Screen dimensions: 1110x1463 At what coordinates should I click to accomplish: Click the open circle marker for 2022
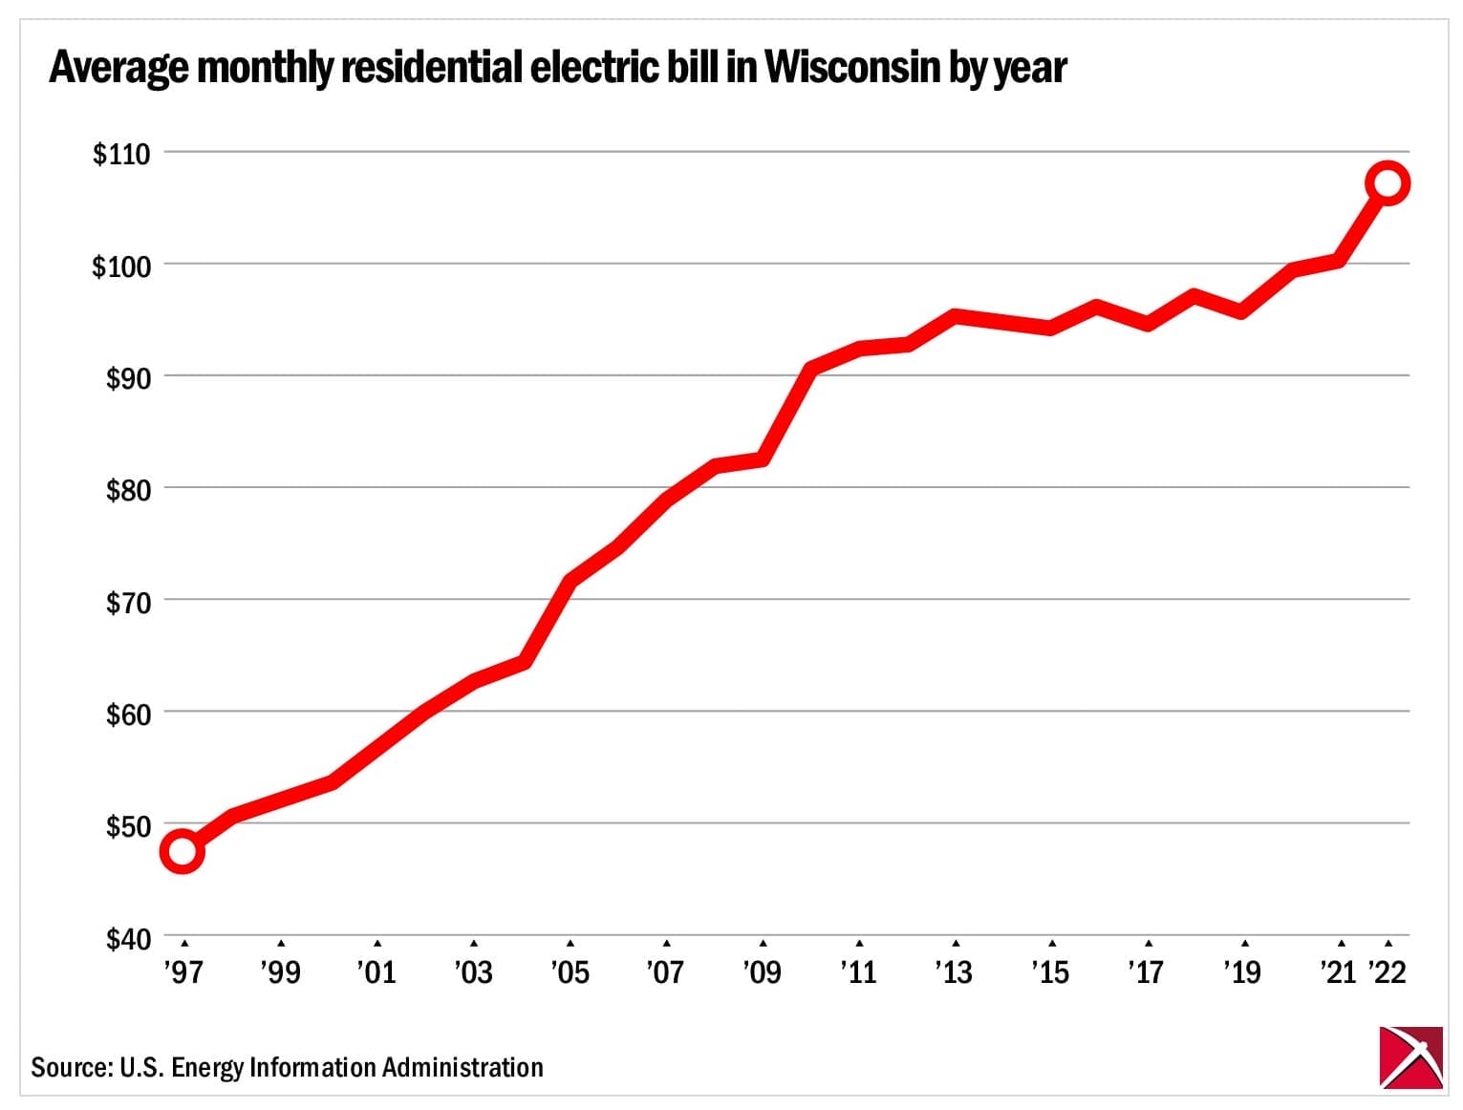pyautogui.click(x=1388, y=182)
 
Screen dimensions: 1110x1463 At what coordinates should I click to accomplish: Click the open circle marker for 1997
pyautogui.click(x=183, y=850)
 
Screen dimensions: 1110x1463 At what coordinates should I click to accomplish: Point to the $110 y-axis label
pyautogui.click(x=121, y=154)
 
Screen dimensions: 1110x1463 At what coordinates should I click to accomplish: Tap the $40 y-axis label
pyautogui.click(x=128, y=939)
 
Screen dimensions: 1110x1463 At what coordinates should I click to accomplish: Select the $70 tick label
pyautogui.click(x=128, y=603)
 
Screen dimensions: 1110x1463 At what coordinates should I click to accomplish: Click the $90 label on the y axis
pyautogui.click(x=128, y=378)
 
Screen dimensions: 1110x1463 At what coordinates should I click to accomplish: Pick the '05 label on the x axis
pyautogui.click(x=570, y=971)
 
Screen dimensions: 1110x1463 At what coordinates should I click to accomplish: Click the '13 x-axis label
pyautogui.click(x=954, y=971)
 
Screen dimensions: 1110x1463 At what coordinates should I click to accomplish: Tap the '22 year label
pyautogui.click(x=1388, y=971)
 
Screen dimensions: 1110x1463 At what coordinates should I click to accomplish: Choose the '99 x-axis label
pyautogui.click(x=280, y=971)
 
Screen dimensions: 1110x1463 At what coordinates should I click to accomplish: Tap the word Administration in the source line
pyautogui.click(x=463, y=1066)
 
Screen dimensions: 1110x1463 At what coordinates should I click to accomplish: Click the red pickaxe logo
pyautogui.click(x=1410, y=1057)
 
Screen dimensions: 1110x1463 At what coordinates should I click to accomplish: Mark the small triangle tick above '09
pyautogui.click(x=763, y=944)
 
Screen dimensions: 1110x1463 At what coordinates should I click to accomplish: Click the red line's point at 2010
pyautogui.click(x=811, y=368)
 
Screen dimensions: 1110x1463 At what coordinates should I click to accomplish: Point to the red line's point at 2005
pyautogui.click(x=570, y=580)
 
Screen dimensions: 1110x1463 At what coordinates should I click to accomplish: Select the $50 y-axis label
pyautogui.click(x=128, y=826)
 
